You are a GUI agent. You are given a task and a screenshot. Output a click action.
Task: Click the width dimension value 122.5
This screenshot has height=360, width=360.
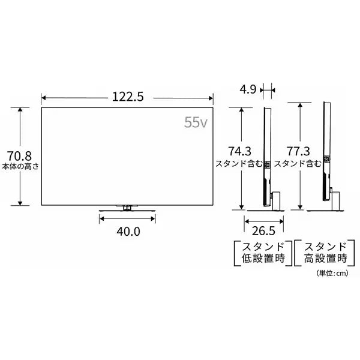click(128, 97)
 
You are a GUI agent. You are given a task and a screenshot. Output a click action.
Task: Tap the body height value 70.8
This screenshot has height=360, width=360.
click(19, 156)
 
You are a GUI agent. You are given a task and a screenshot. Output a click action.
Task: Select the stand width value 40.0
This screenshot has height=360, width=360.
click(128, 231)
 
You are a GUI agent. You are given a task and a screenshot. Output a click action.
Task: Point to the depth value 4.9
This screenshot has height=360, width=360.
click(248, 89)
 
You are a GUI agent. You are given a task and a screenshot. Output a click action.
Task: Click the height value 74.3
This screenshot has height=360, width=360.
click(239, 151)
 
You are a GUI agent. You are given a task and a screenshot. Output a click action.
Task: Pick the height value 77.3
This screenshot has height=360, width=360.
click(298, 151)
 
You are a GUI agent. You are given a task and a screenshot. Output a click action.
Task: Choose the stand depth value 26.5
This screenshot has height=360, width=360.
click(263, 231)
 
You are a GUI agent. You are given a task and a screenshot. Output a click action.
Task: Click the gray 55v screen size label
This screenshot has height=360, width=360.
click(196, 122)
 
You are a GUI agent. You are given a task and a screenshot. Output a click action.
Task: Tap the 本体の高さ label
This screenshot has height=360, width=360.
click(20, 166)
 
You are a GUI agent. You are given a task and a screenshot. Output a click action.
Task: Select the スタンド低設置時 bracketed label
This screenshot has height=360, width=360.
click(263, 253)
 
